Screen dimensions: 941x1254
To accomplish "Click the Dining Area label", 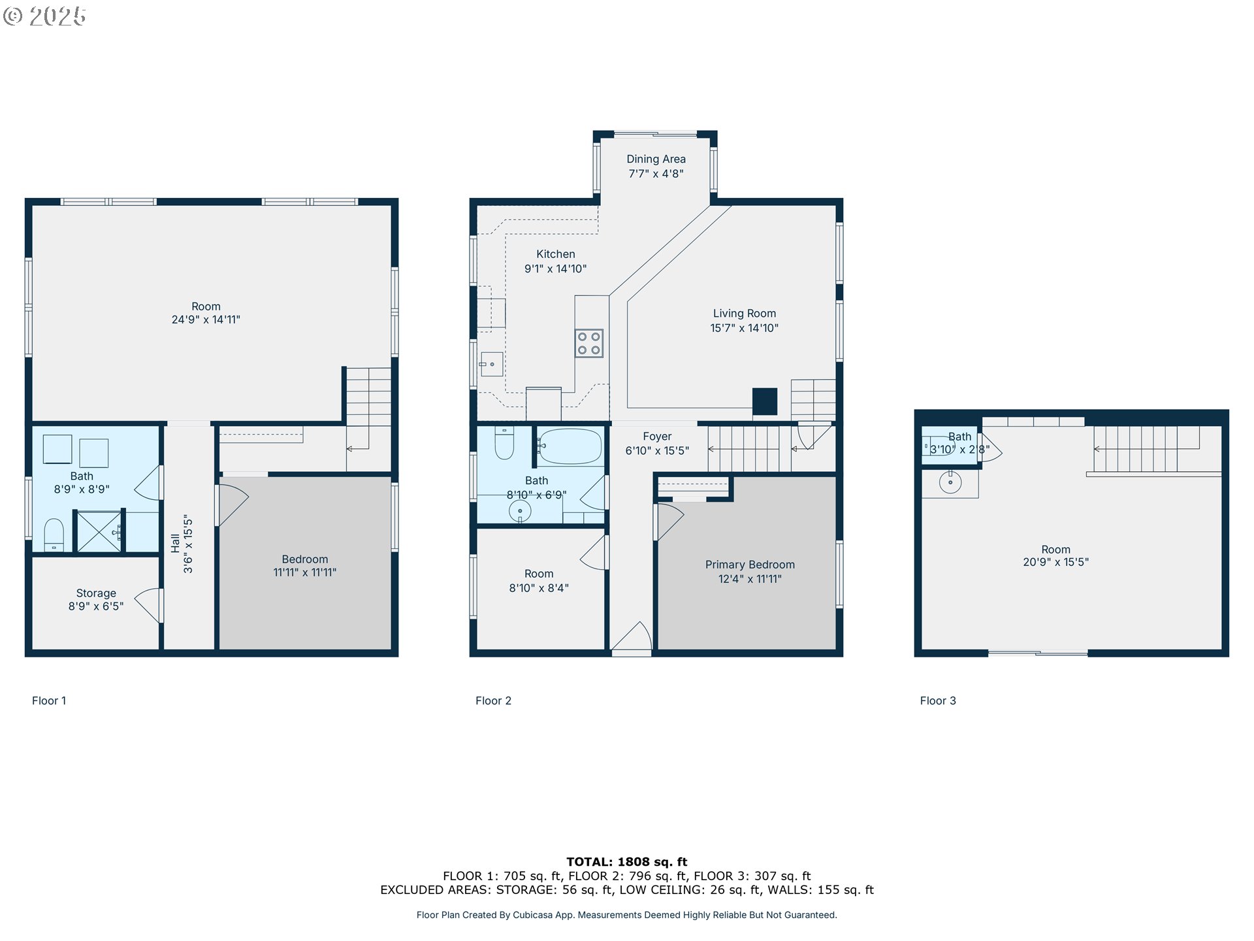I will pos(656,159).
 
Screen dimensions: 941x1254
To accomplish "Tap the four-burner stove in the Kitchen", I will pos(588,343).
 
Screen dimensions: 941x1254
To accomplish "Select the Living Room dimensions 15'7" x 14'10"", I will pos(744,328).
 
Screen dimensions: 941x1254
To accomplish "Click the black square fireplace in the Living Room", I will pos(764,401).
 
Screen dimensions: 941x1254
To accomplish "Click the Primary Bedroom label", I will pos(750,565).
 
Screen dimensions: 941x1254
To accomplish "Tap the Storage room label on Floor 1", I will pos(96,593).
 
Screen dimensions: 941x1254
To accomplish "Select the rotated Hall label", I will pos(175,543).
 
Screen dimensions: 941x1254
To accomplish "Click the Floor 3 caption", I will pos(937,701).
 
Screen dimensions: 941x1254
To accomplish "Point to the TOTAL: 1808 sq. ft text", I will pos(626,862).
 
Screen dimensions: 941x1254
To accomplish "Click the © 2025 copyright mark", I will pos(44,16).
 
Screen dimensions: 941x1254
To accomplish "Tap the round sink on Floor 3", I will pos(950,483).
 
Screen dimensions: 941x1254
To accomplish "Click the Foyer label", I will pos(656,437).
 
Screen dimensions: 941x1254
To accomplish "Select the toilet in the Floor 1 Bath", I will pos(54,535).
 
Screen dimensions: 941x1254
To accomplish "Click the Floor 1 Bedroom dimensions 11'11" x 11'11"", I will pos(304,572).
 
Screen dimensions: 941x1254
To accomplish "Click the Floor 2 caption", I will pos(493,701).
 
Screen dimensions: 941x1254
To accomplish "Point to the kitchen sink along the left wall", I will pos(491,364).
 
